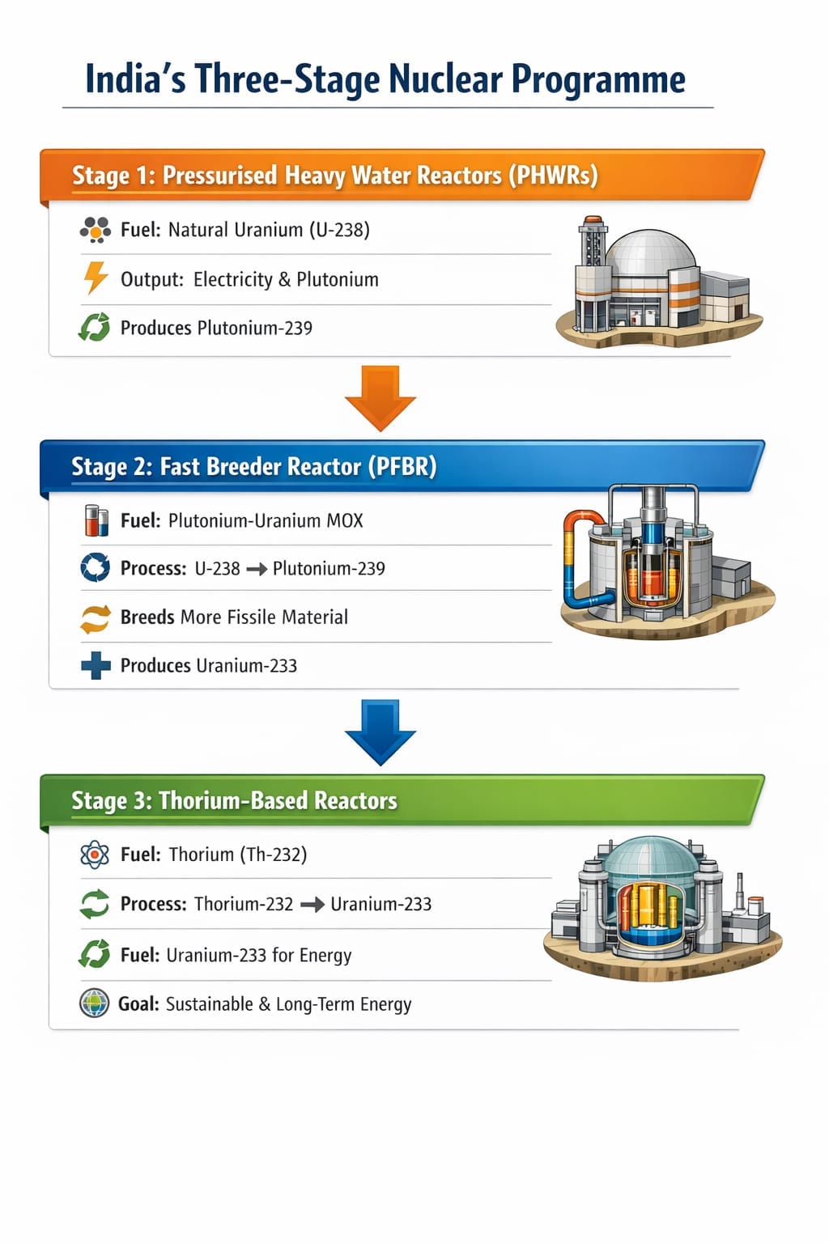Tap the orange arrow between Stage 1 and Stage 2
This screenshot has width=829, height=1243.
pyautogui.click(x=380, y=397)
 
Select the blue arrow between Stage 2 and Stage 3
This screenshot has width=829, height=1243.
pyautogui.click(x=380, y=731)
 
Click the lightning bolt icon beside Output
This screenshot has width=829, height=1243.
pyautogui.click(x=96, y=278)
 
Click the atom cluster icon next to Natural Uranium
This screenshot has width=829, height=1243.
pyautogui.click(x=96, y=230)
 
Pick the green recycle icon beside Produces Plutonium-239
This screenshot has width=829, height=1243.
pyautogui.click(x=95, y=327)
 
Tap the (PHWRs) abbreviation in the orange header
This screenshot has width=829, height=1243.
pyautogui.click(x=553, y=176)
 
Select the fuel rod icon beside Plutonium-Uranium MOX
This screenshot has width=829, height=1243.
pyautogui.click(x=96, y=520)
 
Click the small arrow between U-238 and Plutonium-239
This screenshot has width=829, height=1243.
pyautogui.click(x=257, y=569)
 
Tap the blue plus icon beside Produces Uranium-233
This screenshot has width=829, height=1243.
pyautogui.click(x=96, y=665)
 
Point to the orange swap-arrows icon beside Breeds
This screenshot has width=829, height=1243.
pyautogui.click(x=96, y=617)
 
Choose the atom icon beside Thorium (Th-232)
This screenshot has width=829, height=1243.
pyautogui.click(x=95, y=855)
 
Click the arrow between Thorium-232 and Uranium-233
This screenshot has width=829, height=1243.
pyautogui.click(x=312, y=905)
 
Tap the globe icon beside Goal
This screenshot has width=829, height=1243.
pyautogui.click(x=95, y=1003)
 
